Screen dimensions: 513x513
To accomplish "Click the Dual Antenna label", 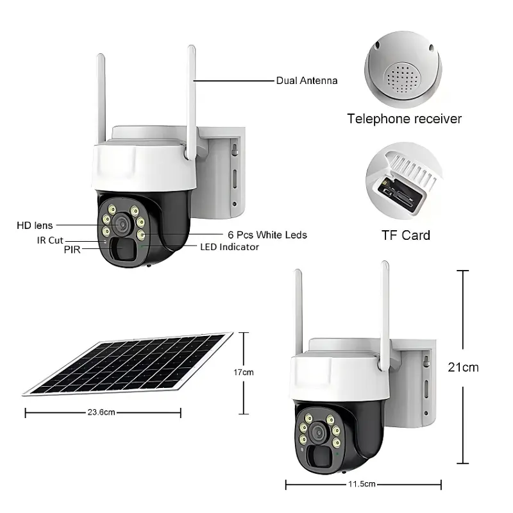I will point(307,81).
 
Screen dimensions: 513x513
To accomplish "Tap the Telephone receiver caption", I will point(404,119).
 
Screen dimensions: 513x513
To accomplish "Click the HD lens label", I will point(35,225).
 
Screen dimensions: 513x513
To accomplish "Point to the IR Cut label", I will point(49,240).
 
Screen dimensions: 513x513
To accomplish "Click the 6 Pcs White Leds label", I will point(267,235).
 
